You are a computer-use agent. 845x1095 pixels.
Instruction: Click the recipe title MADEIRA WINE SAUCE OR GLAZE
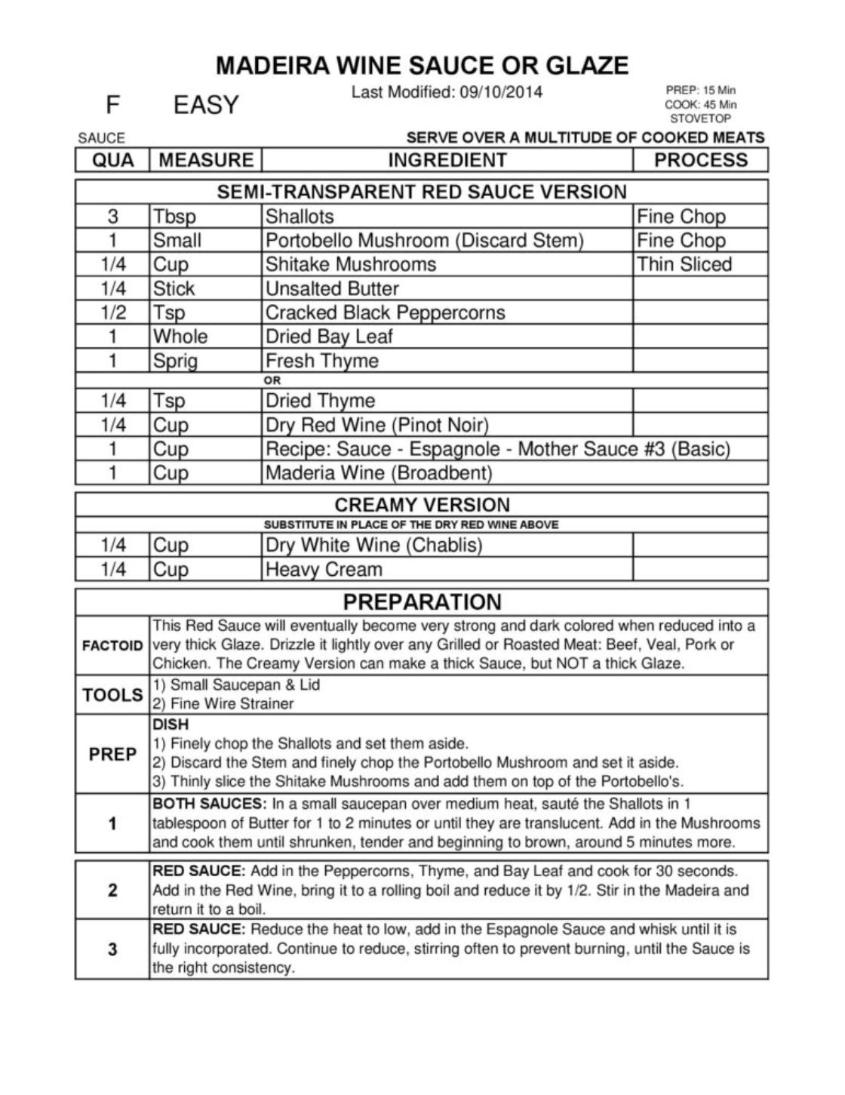422,66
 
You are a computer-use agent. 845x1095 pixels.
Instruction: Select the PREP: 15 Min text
701,91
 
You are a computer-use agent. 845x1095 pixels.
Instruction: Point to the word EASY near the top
206,105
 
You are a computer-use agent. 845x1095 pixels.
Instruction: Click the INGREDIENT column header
447,160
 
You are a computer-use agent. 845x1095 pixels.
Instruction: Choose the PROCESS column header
700,160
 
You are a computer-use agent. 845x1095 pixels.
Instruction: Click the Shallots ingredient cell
300,217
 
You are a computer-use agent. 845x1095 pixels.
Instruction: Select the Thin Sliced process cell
684,264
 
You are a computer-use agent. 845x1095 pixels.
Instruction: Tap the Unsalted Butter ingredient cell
332,288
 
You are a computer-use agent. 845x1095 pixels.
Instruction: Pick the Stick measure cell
174,288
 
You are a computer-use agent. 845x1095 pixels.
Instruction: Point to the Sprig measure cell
175,361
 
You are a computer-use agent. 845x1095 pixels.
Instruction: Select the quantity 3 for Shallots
112,217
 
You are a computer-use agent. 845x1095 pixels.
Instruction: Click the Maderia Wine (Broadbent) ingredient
378,473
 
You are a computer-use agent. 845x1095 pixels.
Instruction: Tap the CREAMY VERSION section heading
422,505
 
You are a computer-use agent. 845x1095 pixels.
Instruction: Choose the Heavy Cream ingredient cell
324,569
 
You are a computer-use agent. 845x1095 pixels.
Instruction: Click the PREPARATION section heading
422,602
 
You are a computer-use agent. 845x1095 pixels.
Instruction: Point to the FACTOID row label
112,646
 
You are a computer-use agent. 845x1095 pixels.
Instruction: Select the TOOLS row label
112,695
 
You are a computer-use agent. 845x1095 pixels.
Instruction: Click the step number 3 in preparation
112,949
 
